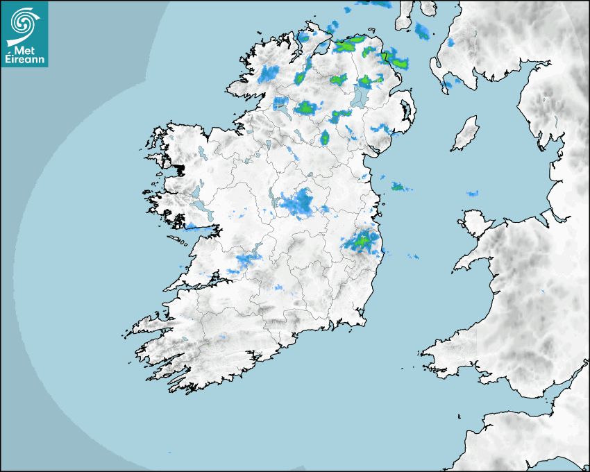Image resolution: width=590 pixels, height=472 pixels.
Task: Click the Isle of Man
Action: point(465,134)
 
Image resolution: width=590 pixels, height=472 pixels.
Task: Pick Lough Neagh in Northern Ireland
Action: point(362,96)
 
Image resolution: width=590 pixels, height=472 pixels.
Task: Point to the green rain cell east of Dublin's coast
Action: point(398,187)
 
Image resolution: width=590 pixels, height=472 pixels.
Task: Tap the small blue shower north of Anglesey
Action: point(473,193)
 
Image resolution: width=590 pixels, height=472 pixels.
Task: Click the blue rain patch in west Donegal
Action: point(268,74)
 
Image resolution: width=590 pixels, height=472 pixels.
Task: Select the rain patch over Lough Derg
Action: point(246,260)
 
